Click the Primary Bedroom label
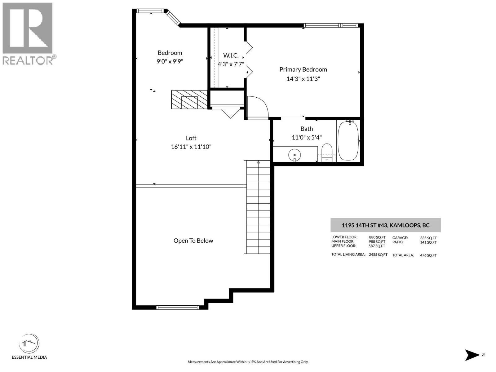[x=303, y=69]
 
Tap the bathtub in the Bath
[x=348, y=141]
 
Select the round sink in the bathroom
[x=294, y=154]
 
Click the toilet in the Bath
[x=327, y=152]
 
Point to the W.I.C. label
[x=231, y=55]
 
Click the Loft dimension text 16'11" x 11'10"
[x=191, y=147]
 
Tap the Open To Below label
[x=193, y=241]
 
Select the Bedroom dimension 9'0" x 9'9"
[x=170, y=61]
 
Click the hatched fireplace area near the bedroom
[x=189, y=100]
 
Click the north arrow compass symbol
[x=472, y=355]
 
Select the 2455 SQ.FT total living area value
[x=378, y=255]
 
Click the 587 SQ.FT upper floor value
[x=377, y=246]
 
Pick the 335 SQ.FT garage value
[x=428, y=238]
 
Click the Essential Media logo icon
[x=29, y=344]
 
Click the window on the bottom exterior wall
[x=177, y=307]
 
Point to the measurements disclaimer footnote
[x=248, y=362]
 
